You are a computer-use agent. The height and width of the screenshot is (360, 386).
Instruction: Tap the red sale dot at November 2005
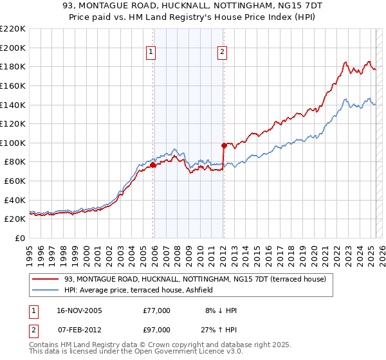click(x=153, y=165)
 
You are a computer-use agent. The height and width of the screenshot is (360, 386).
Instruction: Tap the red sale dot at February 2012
click(x=224, y=146)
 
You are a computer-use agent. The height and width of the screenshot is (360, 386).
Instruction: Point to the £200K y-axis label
click(x=13, y=48)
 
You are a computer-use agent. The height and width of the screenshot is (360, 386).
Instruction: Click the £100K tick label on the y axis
click(x=13, y=143)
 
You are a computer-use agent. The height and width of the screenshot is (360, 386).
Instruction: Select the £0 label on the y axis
click(x=19, y=239)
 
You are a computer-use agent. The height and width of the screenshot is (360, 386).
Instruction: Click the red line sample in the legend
click(x=45, y=279)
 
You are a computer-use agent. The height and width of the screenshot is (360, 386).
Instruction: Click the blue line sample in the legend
click(x=45, y=290)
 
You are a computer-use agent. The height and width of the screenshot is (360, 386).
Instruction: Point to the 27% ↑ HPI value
click(x=219, y=330)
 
